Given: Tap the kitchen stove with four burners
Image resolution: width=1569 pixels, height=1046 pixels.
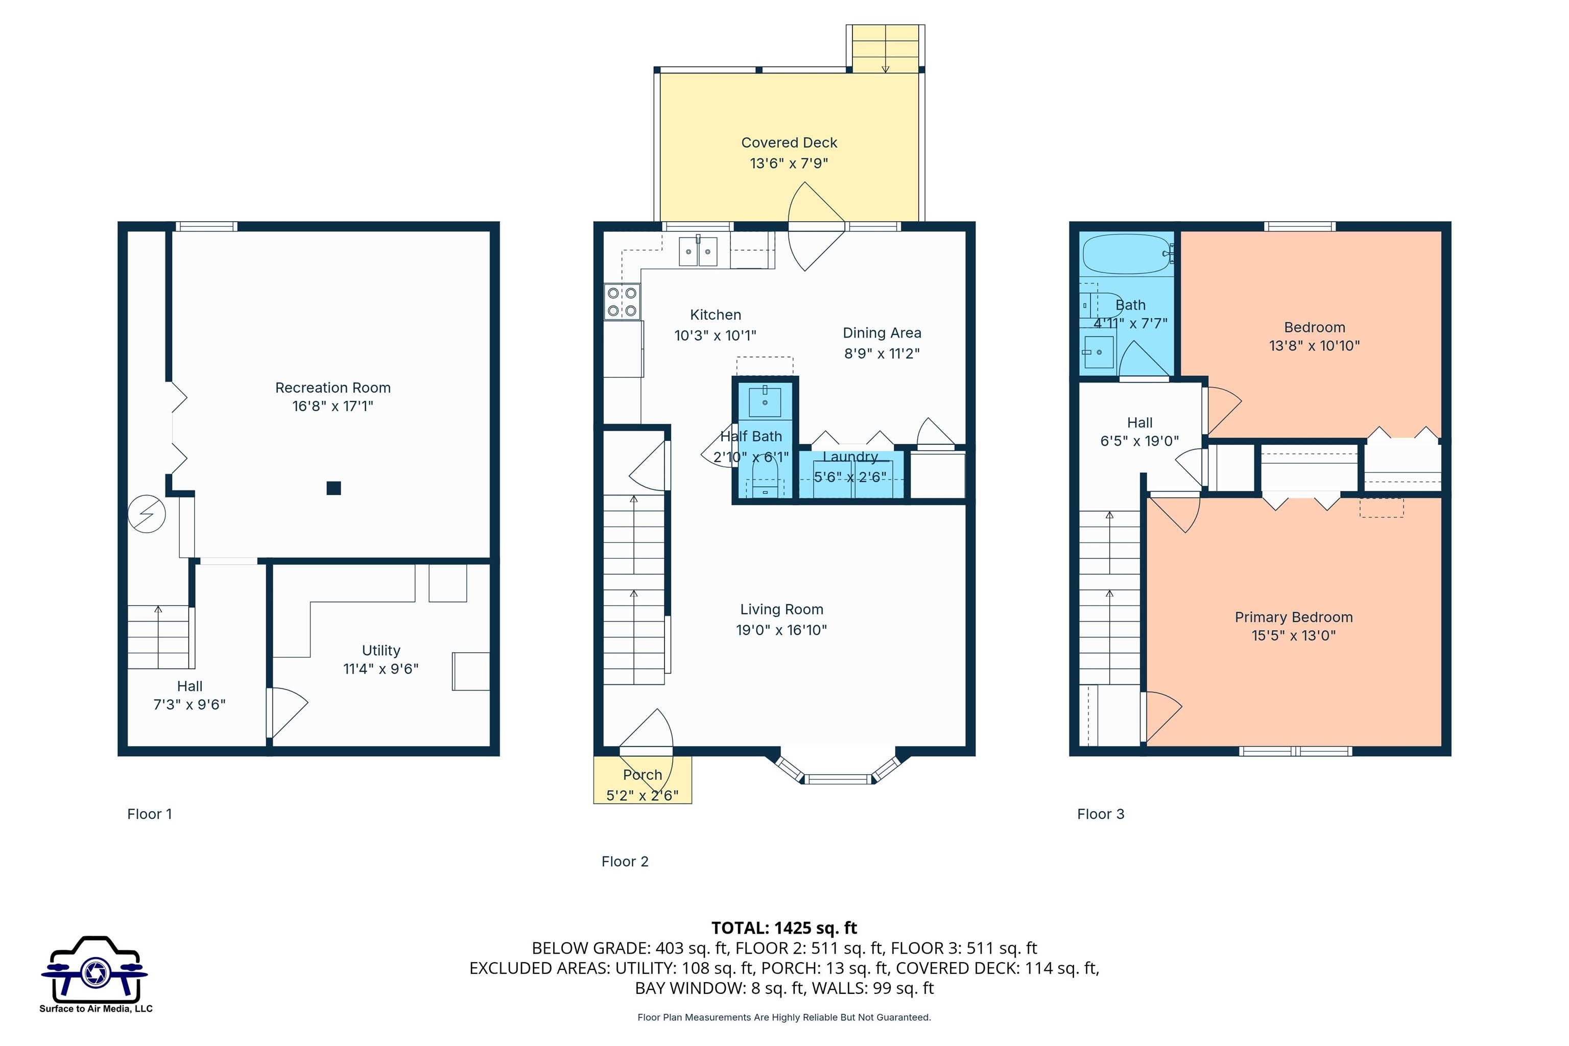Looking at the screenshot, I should coord(622,301).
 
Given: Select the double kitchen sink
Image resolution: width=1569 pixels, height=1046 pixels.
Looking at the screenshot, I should coord(698,251).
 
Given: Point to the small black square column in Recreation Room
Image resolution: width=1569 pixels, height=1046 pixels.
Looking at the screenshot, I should coord(334,488).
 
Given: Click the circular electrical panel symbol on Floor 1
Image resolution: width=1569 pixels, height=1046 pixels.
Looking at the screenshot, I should coord(146,514).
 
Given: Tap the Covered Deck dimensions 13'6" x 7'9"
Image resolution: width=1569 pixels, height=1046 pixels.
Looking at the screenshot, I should coord(789,163).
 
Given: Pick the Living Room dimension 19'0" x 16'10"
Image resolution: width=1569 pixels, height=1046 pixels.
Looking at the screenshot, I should coord(781,630).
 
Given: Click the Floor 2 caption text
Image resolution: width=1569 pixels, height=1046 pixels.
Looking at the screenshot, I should coord(625,861).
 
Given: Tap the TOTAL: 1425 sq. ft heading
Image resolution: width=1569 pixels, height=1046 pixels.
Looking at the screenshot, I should coord(784,928).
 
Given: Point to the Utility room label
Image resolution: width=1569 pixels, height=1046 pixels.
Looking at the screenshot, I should coord(381,650).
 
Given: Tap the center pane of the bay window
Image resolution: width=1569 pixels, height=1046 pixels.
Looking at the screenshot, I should coord(838,778).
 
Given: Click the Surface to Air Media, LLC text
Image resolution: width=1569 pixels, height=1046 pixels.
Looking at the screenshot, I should coord(96,1009).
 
